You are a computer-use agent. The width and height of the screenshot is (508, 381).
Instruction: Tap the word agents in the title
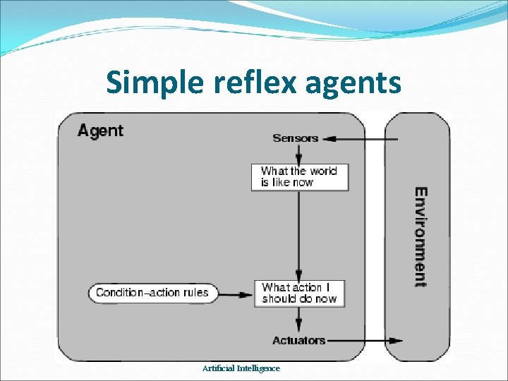point(353,83)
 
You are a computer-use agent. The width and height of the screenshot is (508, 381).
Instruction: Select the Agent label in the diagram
point(100,131)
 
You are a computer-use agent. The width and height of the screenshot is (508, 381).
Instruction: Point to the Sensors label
point(296,138)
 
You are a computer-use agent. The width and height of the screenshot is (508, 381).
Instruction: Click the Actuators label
point(298,341)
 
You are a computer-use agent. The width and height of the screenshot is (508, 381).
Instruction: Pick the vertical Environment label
point(420,237)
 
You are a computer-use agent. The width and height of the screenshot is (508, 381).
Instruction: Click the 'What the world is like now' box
point(300,176)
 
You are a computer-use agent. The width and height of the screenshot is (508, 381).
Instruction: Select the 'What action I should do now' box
point(300,293)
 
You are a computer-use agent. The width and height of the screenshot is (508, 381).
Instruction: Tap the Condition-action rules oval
point(152,293)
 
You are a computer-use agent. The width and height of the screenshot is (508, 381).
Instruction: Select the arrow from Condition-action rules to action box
point(236,293)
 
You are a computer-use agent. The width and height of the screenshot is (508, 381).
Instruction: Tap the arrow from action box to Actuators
point(299,320)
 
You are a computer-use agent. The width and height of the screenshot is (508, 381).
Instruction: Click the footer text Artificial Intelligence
point(241,368)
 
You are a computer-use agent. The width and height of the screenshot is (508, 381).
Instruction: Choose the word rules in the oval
point(195,293)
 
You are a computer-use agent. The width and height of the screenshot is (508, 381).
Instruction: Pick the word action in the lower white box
point(306,288)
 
